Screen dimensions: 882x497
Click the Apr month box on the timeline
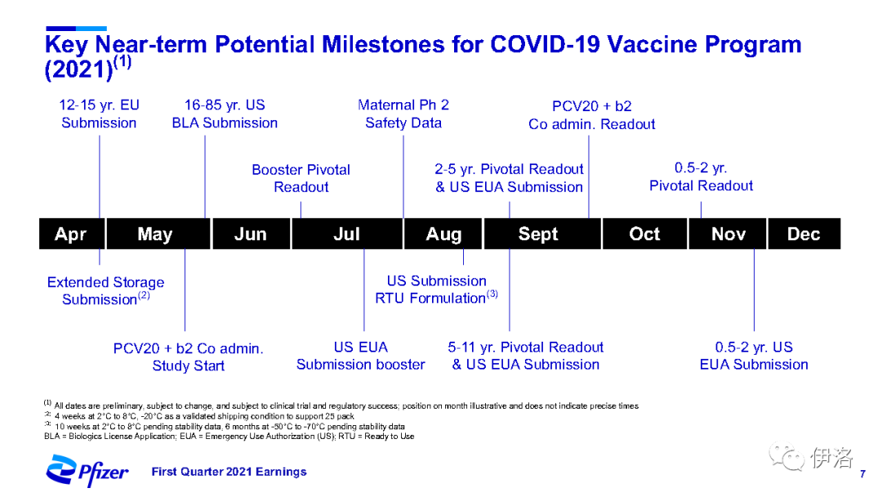(x=72, y=234)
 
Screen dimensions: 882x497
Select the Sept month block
(x=542, y=234)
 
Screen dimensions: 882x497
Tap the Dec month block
(x=804, y=234)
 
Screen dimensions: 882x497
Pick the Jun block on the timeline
(x=251, y=234)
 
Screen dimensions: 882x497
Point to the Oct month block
(x=644, y=234)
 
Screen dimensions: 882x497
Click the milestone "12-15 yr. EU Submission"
(x=99, y=114)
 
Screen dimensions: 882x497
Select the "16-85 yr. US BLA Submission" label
(x=225, y=114)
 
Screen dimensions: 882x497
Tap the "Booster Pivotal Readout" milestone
(x=301, y=178)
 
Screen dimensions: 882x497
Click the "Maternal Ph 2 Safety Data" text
(x=403, y=114)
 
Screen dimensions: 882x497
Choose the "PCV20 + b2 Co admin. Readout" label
(x=592, y=114)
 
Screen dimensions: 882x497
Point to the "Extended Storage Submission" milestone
(x=105, y=290)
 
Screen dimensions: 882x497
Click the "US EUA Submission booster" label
(x=361, y=356)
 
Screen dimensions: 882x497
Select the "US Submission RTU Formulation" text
(x=436, y=289)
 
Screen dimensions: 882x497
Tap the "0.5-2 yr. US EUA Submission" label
(x=754, y=356)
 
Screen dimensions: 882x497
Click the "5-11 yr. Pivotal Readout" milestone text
(x=525, y=347)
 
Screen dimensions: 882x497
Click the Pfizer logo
(x=87, y=471)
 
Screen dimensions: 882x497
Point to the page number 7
(x=862, y=474)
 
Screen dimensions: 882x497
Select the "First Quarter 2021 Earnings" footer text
(x=229, y=472)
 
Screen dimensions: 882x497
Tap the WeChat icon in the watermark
(x=787, y=456)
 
